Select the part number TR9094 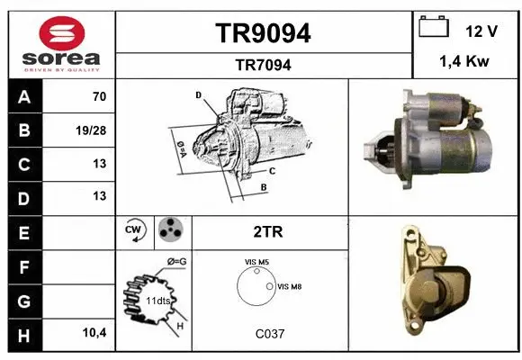[263, 33]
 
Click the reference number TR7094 [263, 65]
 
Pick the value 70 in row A [99, 96]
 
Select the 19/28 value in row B [94, 130]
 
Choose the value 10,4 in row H [94, 333]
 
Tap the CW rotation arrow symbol [133, 232]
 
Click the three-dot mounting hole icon [169, 231]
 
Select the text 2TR [269, 232]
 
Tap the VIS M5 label [257, 262]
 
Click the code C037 [269, 333]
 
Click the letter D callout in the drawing [198, 94]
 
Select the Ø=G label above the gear [176, 262]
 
